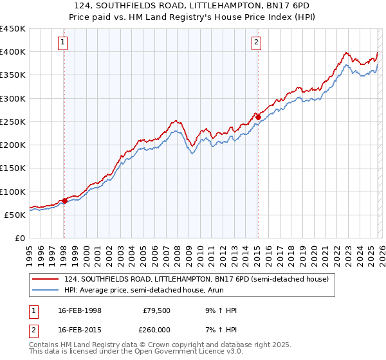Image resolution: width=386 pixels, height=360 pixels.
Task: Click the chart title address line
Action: tap(192, 5)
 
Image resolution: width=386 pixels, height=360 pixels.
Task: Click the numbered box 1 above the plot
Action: tap(64, 43)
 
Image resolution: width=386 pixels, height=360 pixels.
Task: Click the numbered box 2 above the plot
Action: tap(257, 43)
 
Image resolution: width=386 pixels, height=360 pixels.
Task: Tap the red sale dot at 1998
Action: tap(64, 201)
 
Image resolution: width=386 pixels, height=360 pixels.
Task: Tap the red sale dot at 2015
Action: tap(257, 117)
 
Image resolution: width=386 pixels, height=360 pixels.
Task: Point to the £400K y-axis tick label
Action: tap(13, 52)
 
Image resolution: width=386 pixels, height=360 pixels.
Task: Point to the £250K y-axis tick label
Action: tap(13, 122)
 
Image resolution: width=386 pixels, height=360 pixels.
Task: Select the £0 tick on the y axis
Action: tap(21, 238)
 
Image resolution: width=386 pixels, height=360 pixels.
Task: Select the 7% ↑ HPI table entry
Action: tap(221, 328)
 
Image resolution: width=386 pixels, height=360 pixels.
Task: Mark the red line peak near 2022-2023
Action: tap(346, 53)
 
